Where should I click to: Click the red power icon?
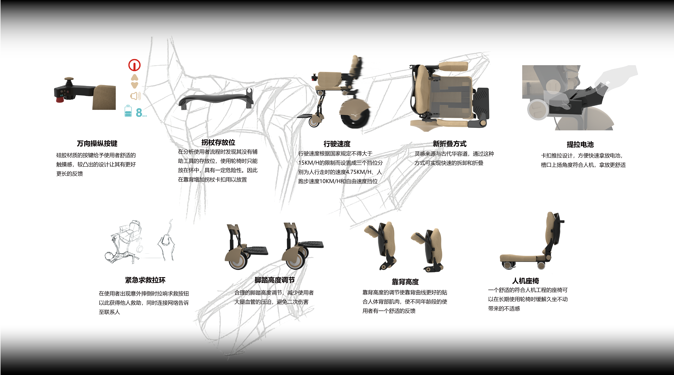point(134,65)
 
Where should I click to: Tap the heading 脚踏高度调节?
point(274,280)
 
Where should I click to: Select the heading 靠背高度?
point(405,282)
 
